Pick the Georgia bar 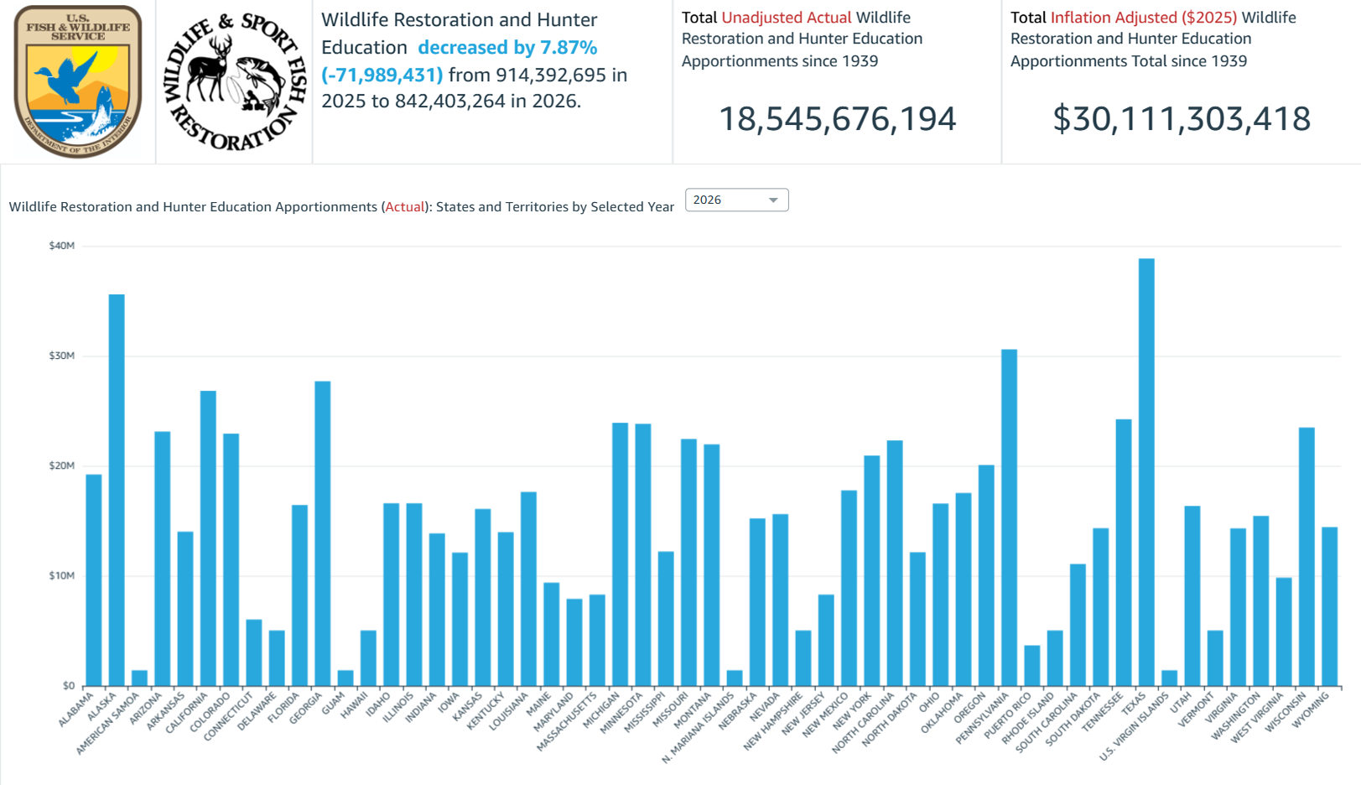323,533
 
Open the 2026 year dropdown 736,200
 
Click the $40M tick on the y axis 61,246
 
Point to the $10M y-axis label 61,575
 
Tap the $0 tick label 68,685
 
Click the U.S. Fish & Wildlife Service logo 78,81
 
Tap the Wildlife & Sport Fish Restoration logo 235,81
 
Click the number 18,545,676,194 837,119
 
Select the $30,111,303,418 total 1181,119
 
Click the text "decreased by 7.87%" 507,48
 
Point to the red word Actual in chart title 404,207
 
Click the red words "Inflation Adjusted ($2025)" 1143,18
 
